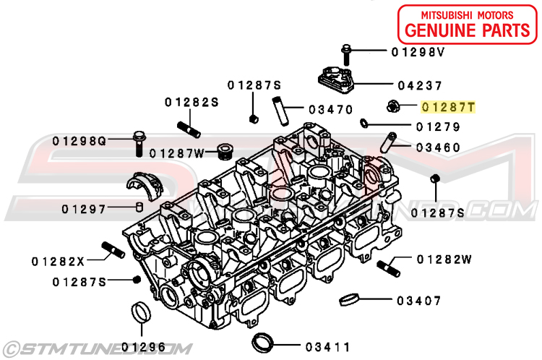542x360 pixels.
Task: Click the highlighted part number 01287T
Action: point(448,107)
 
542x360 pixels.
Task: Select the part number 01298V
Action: point(418,52)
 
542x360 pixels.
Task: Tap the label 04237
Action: point(420,85)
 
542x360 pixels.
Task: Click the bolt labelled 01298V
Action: point(346,55)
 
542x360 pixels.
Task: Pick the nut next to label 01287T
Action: point(393,106)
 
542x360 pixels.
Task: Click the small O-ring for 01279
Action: point(364,122)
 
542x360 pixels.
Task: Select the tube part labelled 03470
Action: point(280,111)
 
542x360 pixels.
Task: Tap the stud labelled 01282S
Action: point(189,129)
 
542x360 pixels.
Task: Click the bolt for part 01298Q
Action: point(139,143)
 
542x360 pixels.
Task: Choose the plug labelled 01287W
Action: point(225,152)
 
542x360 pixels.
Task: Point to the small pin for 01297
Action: point(139,207)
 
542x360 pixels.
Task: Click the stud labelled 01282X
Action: point(113,250)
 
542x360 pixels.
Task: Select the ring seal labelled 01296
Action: point(142,312)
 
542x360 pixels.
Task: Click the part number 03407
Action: point(418,301)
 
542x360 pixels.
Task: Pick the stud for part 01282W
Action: point(388,268)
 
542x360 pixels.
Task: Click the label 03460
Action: point(438,147)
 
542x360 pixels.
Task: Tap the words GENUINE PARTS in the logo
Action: point(468,30)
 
